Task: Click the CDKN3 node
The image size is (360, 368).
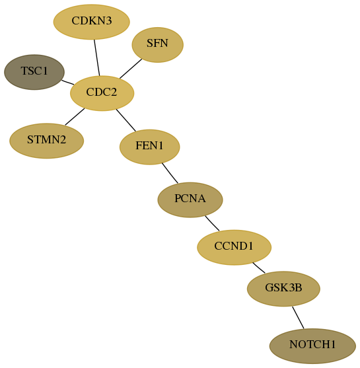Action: pyautogui.click(x=92, y=22)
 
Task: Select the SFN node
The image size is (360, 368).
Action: pyautogui.click(x=157, y=44)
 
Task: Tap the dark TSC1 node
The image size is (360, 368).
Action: pyautogui.click(x=34, y=72)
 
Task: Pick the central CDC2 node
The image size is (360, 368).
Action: pyautogui.click(x=102, y=93)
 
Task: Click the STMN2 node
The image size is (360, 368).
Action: pyautogui.click(x=46, y=141)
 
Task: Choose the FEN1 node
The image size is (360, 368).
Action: pyautogui.click(x=150, y=147)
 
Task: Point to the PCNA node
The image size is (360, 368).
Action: pyautogui.click(x=190, y=200)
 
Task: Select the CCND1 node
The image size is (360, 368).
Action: pyautogui.click(x=234, y=247)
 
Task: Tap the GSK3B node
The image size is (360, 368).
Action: pyautogui.click(x=283, y=289)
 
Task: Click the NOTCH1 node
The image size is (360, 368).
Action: pyautogui.click(x=312, y=346)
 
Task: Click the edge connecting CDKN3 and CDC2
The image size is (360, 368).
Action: pyautogui.click(x=97, y=57)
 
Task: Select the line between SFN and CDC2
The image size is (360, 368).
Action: pyautogui.click(x=131, y=69)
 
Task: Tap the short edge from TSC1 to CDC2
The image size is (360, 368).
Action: pyautogui.click(x=67, y=83)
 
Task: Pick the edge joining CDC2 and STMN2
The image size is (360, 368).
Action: pyautogui.click(x=75, y=117)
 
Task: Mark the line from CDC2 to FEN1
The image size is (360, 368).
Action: pyautogui.click(x=126, y=120)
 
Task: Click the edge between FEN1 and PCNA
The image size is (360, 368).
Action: pyautogui.click(x=170, y=173)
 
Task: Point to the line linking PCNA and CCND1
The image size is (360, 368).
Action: pyautogui.click(x=212, y=223)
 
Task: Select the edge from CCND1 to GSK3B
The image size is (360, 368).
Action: pyautogui.click(x=259, y=268)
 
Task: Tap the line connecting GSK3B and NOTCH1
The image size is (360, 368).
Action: pyautogui.click(x=298, y=318)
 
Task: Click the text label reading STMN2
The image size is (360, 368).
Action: pyautogui.click(x=46, y=139)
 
